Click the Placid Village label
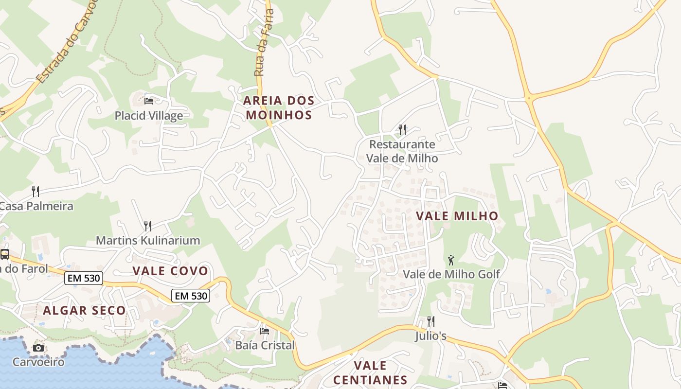149,116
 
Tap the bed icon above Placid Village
149,101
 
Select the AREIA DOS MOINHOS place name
279,107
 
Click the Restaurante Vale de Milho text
402,151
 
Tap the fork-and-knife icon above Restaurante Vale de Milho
402,129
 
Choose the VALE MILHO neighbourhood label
457,216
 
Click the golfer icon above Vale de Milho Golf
451,260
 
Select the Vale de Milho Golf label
451,274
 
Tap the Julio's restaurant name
430,336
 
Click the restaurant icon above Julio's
430,321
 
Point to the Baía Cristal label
265,345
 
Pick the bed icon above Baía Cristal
265,331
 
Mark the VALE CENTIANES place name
370,372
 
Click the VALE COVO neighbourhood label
170,271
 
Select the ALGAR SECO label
84,310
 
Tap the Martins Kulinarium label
148,240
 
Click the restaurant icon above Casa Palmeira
36,191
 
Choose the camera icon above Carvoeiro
38,348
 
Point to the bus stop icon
5,254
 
